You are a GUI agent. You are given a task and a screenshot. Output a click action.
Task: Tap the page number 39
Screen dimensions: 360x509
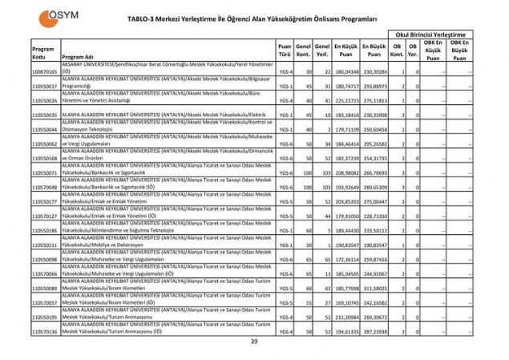coord(254,342)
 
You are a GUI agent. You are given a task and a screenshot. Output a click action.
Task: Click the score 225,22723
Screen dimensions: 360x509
coord(346,101)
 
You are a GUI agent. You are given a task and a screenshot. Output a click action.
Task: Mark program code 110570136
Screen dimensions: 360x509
coord(45,331)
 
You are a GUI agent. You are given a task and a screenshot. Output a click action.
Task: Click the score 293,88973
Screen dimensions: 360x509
coord(374,87)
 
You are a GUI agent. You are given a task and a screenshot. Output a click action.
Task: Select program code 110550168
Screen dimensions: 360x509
coord(45,159)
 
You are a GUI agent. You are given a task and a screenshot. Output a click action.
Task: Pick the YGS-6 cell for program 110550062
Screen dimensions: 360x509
coord(285,144)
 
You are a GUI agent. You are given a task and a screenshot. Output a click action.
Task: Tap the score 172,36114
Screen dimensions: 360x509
coord(346,259)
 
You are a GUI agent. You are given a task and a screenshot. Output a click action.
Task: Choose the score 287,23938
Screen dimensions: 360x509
coord(374,331)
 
